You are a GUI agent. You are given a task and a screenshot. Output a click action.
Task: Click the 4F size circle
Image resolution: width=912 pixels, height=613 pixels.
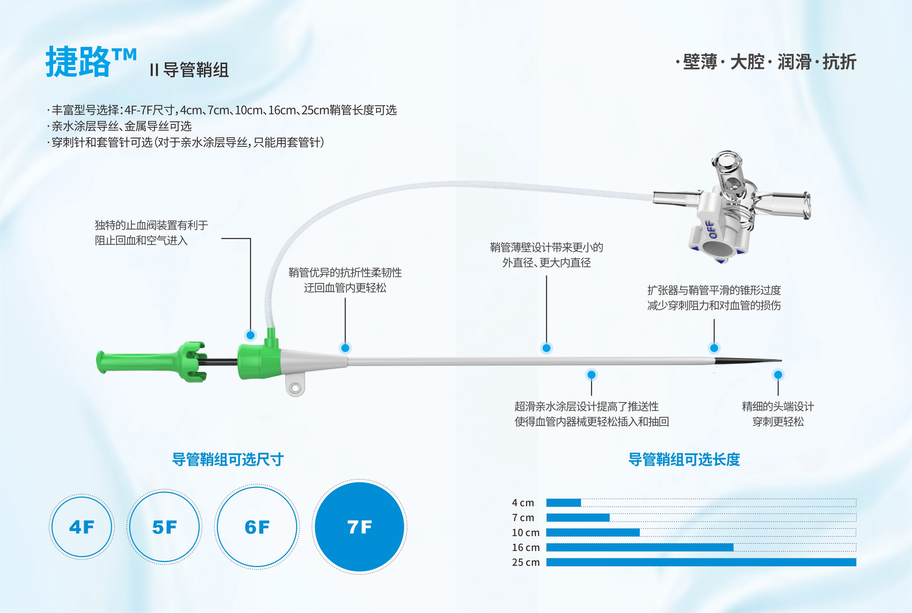[x=82, y=527]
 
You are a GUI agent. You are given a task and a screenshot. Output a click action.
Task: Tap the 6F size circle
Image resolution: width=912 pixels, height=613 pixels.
[x=257, y=527]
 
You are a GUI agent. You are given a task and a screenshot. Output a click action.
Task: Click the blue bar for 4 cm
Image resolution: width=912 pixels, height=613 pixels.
[x=563, y=503]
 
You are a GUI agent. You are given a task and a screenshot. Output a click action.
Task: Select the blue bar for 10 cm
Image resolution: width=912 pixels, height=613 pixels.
[x=593, y=533]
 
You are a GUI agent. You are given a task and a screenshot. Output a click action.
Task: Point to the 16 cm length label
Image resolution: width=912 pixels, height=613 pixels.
[x=525, y=547]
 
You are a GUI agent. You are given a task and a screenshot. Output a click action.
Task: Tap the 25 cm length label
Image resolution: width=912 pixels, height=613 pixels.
[x=525, y=562]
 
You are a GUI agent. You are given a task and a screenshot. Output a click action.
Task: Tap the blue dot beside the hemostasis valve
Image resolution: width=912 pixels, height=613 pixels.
[x=250, y=335]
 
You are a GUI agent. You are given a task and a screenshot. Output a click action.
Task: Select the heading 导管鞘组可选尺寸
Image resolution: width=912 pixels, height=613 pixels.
[x=228, y=459]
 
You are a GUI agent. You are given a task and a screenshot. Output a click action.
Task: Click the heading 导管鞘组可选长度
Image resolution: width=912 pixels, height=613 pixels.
[x=684, y=459]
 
